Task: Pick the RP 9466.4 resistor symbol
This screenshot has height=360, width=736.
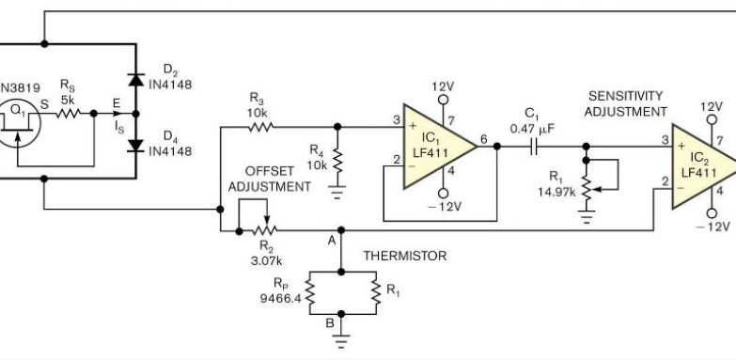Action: [306, 294]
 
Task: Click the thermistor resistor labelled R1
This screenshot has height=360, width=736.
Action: [375, 294]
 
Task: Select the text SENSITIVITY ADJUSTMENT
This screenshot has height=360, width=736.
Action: [625, 103]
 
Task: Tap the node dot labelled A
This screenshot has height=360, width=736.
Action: [340, 228]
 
